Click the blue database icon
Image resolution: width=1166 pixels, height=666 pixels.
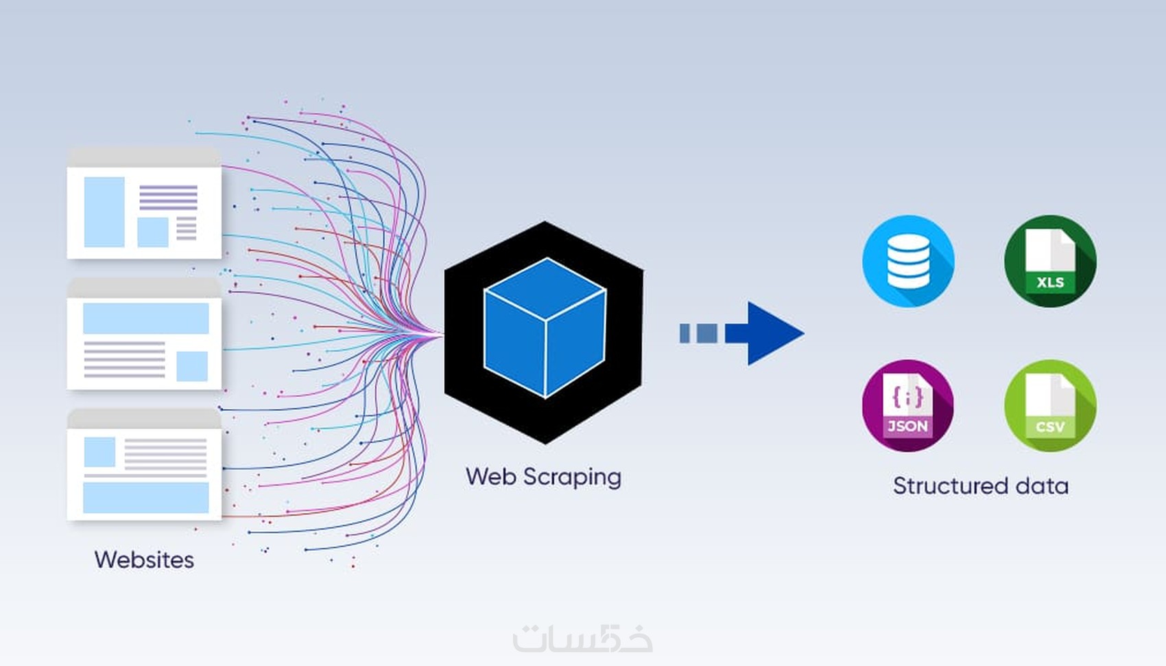tap(908, 261)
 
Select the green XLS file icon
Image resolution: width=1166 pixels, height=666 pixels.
tap(1050, 261)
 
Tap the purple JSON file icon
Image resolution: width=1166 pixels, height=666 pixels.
tap(907, 405)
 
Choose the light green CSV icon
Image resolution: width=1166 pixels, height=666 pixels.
tap(1050, 405)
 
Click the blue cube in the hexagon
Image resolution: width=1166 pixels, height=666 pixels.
tap(545, 328)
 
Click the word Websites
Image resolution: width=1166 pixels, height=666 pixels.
tap(144, 560)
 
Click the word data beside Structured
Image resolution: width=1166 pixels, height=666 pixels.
tap(1042, 486)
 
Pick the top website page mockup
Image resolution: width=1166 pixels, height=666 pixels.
tap(144, 204)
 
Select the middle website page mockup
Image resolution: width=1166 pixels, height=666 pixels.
tap(144, 334)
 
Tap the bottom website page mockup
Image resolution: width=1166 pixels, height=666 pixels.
tap(144, 465)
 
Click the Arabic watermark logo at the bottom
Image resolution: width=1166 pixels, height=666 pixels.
tap(582, 638)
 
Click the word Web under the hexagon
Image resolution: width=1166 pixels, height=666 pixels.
tap(490, 476)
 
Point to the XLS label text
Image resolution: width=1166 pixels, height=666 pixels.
tap(1050, 282)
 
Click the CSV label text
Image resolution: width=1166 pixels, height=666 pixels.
tap(1050, 426)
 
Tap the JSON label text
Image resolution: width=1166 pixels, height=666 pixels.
tap(907, 426)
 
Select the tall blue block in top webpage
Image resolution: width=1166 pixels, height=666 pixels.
tap(104, 211)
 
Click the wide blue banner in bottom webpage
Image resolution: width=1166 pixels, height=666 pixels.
tap(145, 497)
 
